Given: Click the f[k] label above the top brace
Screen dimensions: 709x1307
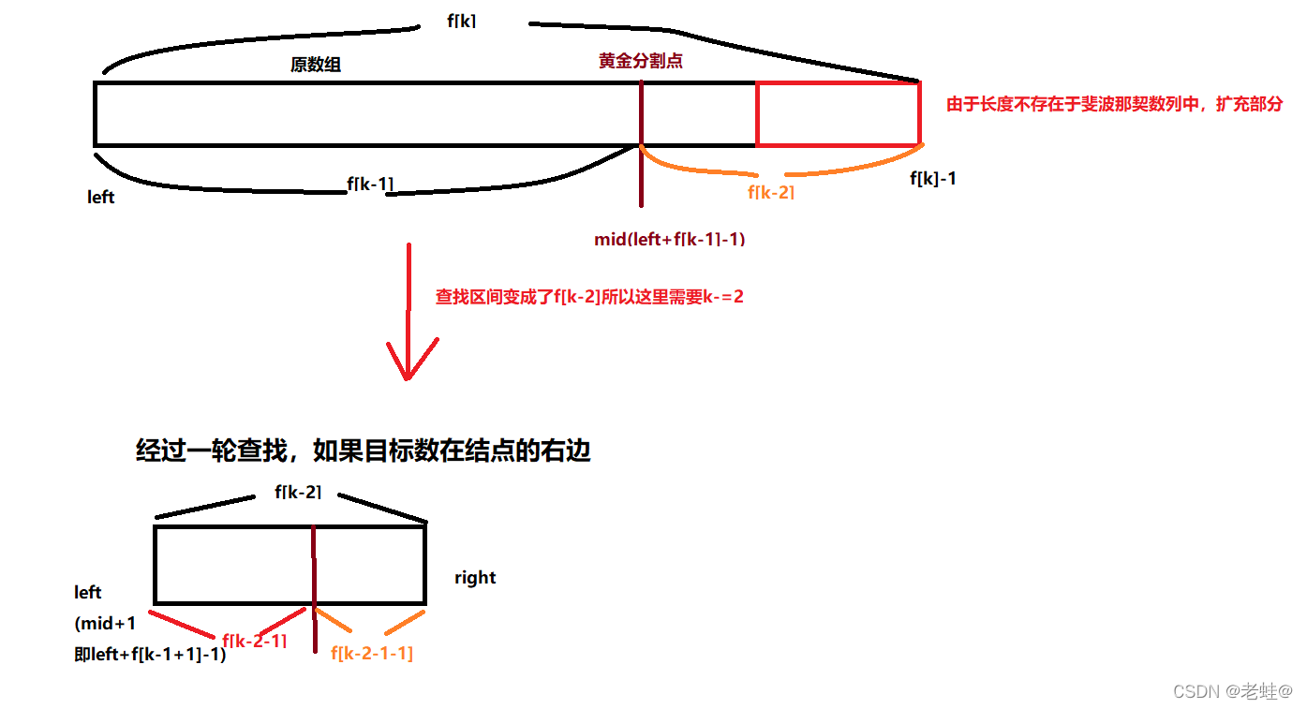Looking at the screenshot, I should (462, 21).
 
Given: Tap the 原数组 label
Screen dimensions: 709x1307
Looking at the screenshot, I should (316, 65).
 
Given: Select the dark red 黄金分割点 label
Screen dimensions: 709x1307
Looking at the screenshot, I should (641, 61).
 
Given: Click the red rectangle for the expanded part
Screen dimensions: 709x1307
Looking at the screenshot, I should (838, 113).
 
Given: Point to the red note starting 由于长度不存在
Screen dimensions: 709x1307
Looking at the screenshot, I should (1114, 104).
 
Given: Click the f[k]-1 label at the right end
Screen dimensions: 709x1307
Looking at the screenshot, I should (933, 178).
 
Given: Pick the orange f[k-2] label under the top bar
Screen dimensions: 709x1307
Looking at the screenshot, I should (771, 192).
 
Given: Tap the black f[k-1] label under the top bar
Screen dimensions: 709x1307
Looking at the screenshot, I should (370, 184).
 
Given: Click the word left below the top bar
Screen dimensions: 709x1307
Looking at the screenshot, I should (101, 198).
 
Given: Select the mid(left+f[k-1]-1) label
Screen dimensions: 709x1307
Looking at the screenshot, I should (669, 239).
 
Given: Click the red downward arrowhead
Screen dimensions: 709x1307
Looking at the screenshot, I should (408, 361).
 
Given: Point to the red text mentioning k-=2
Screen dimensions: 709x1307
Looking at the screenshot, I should (589, 298).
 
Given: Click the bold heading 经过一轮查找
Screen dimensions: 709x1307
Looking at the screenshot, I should (364, 451).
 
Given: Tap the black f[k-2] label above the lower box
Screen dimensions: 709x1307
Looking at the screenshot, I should (298, 491).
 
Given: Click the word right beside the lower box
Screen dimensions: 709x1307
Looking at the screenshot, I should (475, 577).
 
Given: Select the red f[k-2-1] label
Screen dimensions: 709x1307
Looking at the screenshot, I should (254, 642).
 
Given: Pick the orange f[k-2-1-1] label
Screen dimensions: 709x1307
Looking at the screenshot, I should (372, 654).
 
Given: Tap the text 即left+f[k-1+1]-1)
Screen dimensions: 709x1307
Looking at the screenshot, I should (150, 655).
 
